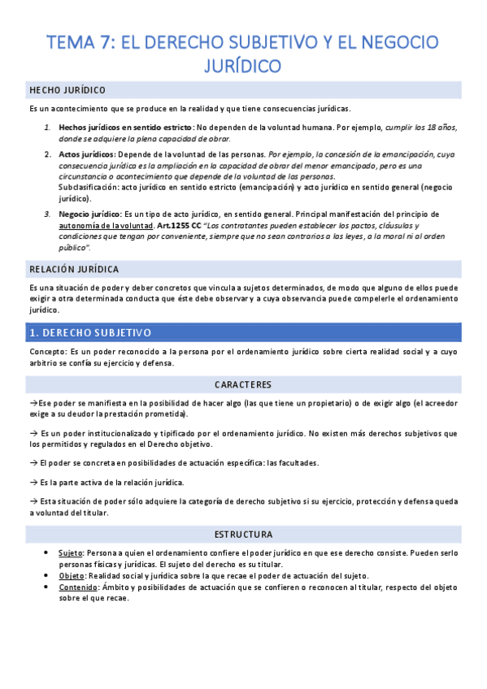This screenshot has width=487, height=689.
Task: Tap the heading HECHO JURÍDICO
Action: [67, 89]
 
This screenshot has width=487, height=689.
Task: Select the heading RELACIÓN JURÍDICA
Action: [74, 268]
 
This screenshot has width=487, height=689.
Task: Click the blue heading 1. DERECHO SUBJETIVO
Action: [90, 332]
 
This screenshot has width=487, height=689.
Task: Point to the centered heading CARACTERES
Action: [243, 384]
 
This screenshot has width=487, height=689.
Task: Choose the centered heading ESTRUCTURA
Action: [243, 535]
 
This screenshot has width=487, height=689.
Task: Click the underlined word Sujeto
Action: [71, 551]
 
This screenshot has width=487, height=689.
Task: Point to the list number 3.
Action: [47, 214]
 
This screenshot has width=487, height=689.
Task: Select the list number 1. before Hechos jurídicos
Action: [47, 128]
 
